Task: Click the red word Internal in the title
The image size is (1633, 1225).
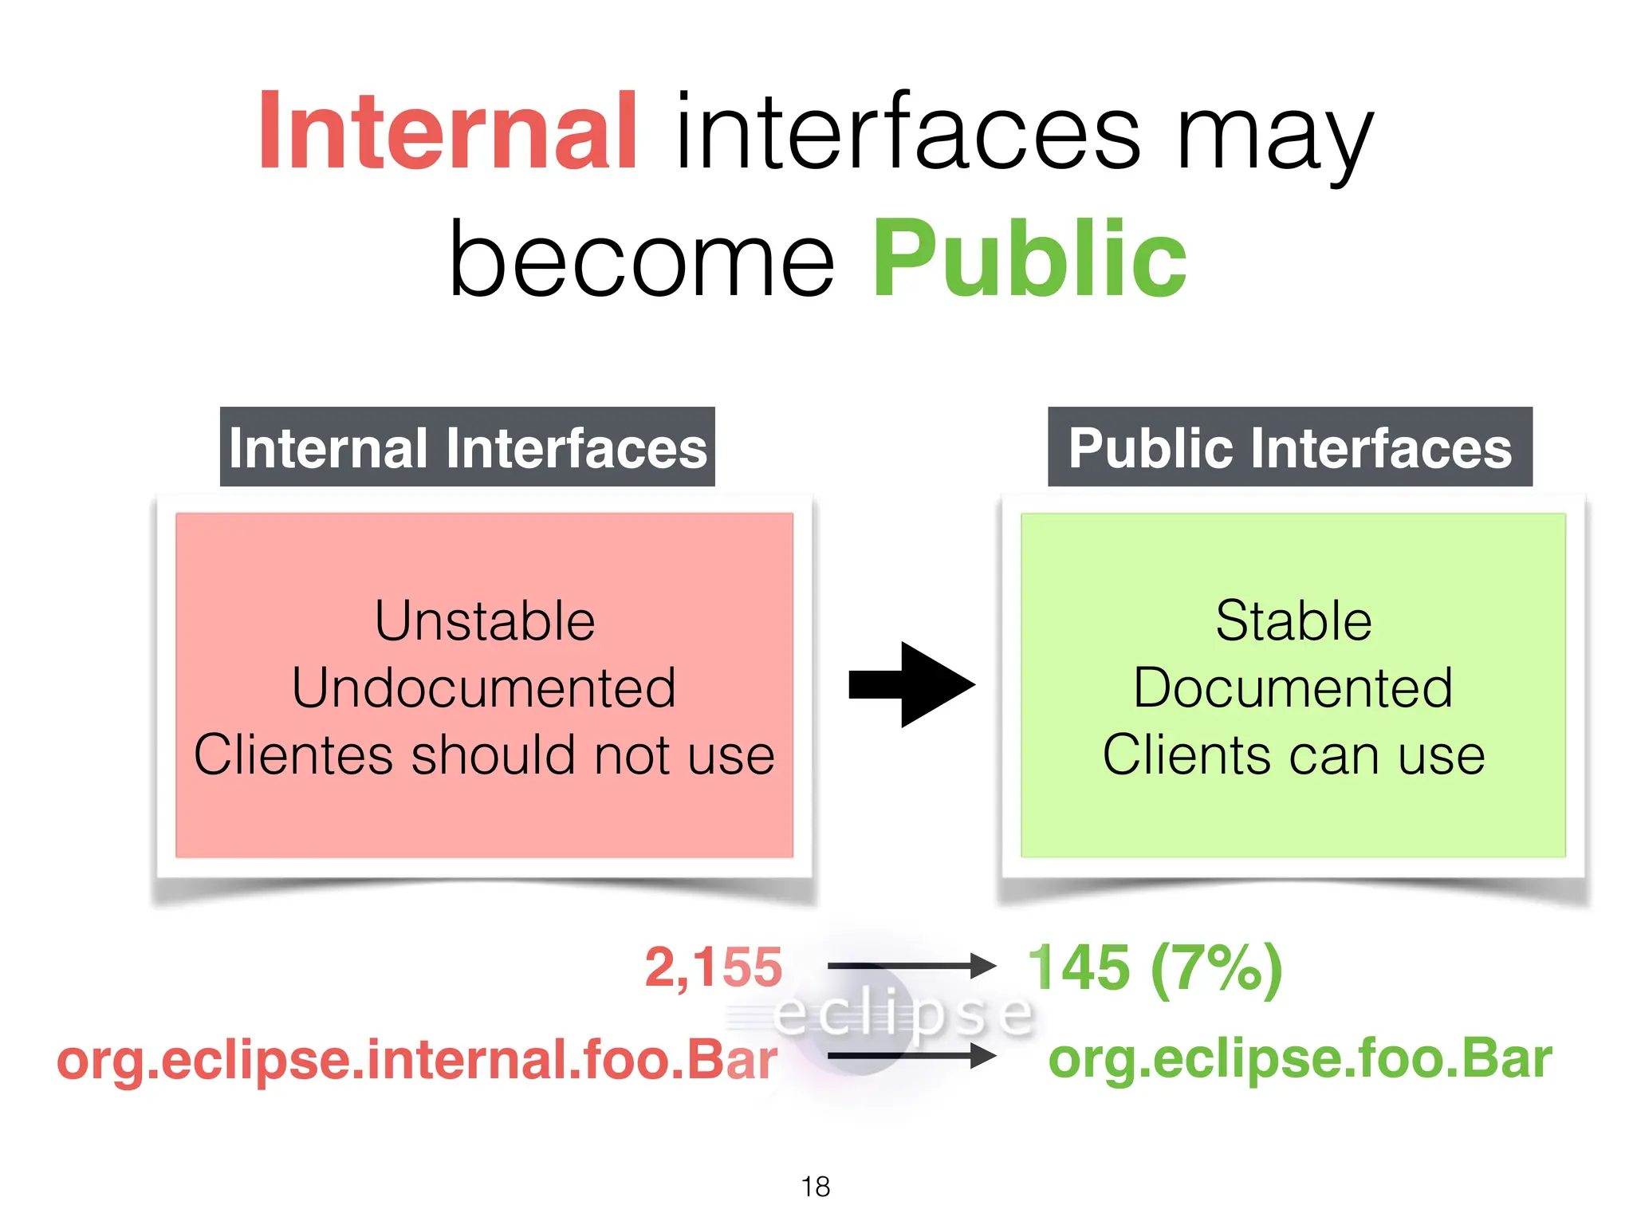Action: [x=447, y=132]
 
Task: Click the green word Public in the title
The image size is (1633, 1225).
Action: [x=1029, y=260]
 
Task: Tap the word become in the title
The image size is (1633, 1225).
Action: [x=641, y=260]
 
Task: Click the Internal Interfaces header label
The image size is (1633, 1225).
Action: [x=467, y=447]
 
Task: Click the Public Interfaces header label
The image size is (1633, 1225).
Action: [x=1289, y=447]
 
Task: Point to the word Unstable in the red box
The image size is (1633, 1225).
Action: [x=485, y=621]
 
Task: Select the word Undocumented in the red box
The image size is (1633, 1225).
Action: [x=484, y=688]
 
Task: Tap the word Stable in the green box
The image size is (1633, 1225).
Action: [x=1293, y=621]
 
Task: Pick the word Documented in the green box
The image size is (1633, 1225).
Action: [x=1293, y=688]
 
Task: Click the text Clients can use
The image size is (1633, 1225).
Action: [x=1293, y=755]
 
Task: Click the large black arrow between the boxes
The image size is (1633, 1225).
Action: [x=911, y=684]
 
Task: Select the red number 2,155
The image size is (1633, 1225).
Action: [x=714, y=967]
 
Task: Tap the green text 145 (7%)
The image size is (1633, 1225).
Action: [x=1155, y=967]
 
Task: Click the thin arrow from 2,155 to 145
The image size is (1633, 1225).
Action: [x=911, y=966]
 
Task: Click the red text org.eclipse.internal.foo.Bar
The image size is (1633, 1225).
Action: [x=417, y=1061]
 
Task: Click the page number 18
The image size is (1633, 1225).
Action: [x=816, y=1187]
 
